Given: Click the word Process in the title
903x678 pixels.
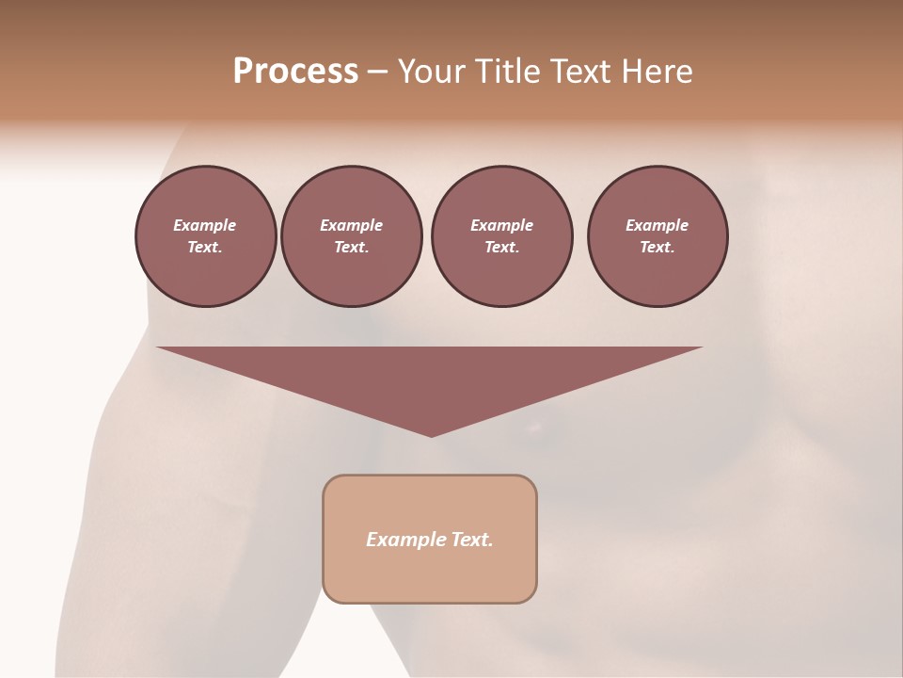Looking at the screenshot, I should coord(295,72).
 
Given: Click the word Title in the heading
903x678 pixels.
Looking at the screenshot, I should coord(505,72).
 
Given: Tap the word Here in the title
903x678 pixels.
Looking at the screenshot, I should coord(656,72).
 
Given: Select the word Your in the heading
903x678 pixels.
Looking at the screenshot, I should coord(432,72).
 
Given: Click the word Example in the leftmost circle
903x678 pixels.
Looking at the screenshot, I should coord(205,225).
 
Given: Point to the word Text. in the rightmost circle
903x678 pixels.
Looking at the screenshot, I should coord(657,248).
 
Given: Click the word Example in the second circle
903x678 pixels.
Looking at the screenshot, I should coord(351,225).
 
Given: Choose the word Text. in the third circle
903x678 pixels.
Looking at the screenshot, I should coord(501,248).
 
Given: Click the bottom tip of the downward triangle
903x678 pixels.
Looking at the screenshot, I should coord(431,435).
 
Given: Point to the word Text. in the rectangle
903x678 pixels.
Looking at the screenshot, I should coord(472,540).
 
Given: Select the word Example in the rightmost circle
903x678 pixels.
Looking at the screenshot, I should coord(657,225).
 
